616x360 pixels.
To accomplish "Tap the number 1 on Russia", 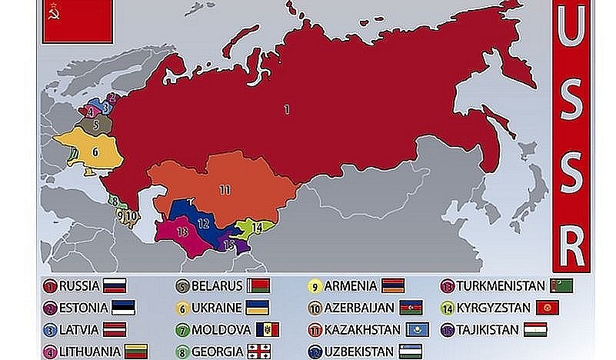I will tap(287, 110).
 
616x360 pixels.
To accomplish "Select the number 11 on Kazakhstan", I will tap(224, 188).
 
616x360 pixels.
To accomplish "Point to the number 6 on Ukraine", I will tap(95, 152).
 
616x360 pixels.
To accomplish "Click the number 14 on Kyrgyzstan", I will tap(257, 227).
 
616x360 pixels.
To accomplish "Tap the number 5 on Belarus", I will tap(95, 124).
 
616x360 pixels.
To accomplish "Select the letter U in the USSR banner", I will tap(573, 33).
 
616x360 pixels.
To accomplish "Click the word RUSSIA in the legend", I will tap(79, 286).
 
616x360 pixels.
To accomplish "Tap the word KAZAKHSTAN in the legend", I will tap(363, 330).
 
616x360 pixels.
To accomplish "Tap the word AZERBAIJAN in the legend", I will tap(360, 308).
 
